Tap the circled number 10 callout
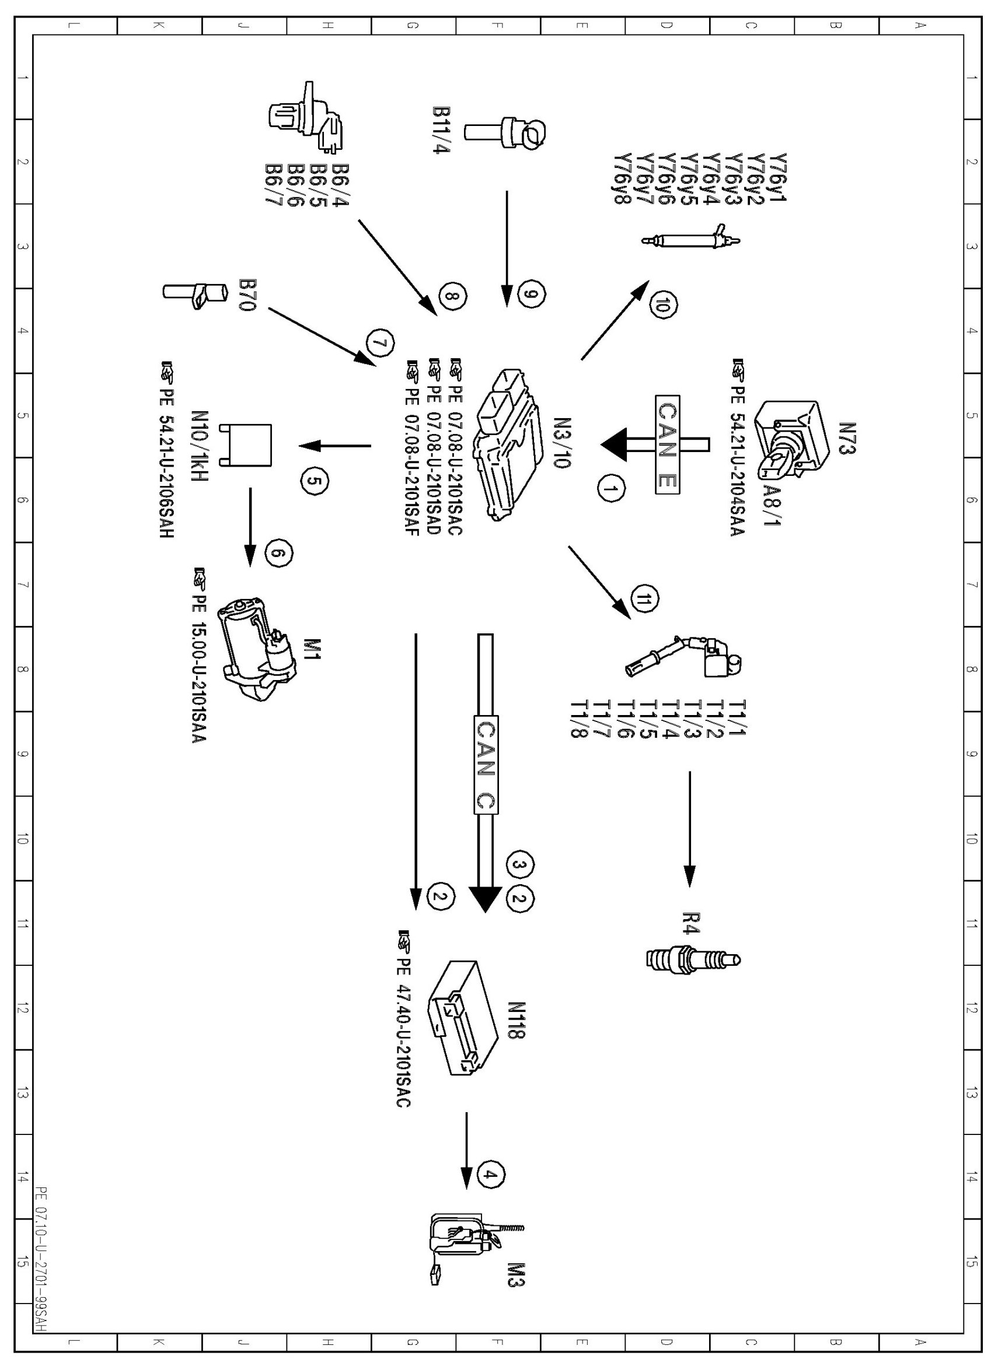661,307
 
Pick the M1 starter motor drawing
259,649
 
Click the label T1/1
739,717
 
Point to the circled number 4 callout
491,1174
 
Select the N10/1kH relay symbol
247,446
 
